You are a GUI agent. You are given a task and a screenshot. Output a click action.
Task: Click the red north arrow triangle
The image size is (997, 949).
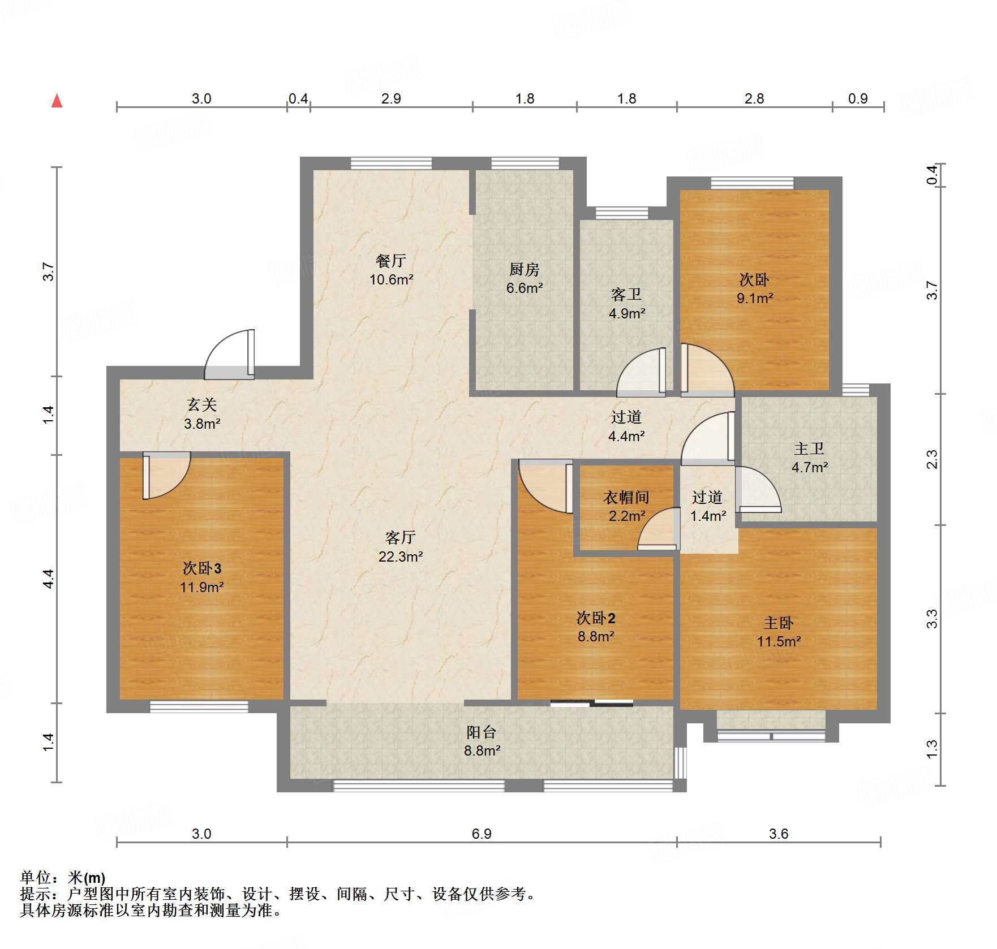pyautogui.click(x=57, y=101)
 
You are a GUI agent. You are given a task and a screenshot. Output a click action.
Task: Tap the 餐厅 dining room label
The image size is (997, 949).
pyautogui.click(x=391, y=270)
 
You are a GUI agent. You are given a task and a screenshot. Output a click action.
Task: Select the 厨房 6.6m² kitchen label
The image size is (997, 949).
pyautogui.click(x=524, y=278)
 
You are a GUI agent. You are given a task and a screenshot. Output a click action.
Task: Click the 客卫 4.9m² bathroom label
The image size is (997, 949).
pyautogui.click(x=626, y=304)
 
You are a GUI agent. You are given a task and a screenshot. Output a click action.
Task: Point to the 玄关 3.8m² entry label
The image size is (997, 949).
pyautogui.click(x=202, y=414)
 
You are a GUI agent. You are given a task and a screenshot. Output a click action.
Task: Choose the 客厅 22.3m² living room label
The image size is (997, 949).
pyautogui.click(x=401, y=547)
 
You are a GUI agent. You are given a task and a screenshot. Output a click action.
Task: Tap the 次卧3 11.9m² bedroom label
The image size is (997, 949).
pyautogui.click(x=202, y=577)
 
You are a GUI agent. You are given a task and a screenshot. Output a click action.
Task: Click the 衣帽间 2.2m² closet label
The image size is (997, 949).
pyautogui.click(x=626, y=506)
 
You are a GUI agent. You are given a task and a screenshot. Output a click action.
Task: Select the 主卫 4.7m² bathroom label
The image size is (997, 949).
pyautogui.click(x=809, y=458)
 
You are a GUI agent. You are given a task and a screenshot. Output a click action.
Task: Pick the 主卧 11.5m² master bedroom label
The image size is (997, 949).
pyautogui.click(x=779, y=632)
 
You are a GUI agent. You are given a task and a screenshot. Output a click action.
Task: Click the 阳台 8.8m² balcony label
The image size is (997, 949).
pyautogui.click(x=482, y=741)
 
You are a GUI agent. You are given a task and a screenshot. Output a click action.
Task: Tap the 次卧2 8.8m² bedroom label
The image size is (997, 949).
pyautogui.click(x=596, y=627)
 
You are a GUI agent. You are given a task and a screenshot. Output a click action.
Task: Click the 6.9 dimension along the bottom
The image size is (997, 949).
pyautogui.click(x=482, y=834)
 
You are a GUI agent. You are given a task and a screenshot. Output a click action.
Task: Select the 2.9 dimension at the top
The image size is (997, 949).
pyautogui.click(x=391, y=99)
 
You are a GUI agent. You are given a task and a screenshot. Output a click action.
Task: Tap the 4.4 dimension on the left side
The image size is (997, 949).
pyautogui.click(x=49, y=579)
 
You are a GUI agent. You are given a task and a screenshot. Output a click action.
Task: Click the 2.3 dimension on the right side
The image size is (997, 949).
pyautogui.click(x=932, y=459)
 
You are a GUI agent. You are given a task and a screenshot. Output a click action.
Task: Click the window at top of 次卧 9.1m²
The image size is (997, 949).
pyautogui.click(x=752, y=183)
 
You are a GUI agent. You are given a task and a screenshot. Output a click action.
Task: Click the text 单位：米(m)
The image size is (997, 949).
pyautogui.click(x=63, y=878)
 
